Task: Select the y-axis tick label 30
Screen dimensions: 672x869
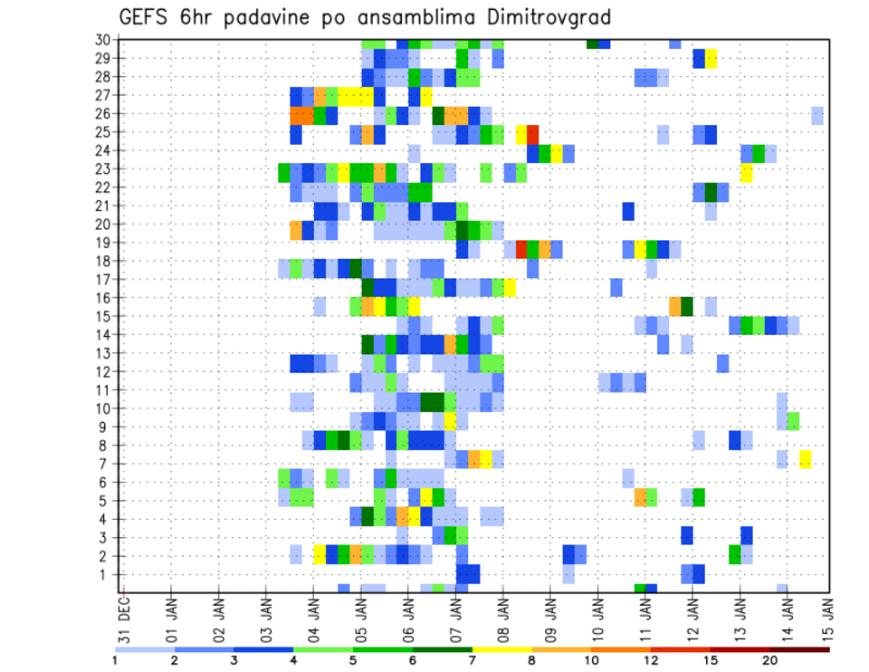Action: coord(103,40)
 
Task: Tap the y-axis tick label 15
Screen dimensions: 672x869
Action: coord(103,316)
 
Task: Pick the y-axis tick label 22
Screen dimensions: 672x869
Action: coord(103,187)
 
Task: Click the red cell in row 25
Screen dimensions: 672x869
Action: coord(533,132)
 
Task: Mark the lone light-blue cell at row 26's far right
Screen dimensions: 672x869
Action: coord(817,114)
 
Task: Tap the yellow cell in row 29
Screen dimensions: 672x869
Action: coord(711,59)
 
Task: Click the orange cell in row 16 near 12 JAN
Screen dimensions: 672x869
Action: coord(675,304)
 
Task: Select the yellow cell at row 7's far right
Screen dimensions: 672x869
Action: coord(806,459)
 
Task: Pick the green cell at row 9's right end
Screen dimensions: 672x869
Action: coord(793,421)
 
